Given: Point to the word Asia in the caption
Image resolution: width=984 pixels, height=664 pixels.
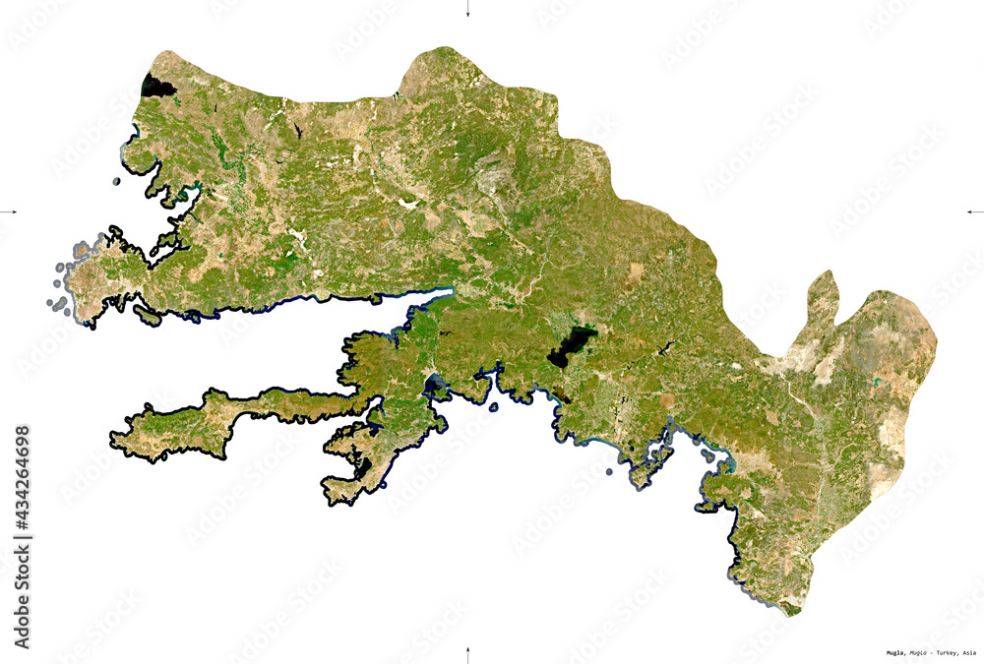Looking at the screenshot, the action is coord(969,653).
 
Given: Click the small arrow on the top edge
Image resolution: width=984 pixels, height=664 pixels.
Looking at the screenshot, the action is coord(467,11).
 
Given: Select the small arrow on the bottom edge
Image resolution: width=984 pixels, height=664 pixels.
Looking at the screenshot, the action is coord(467,653).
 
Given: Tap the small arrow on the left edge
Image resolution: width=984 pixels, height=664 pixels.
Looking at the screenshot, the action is coord(10,211).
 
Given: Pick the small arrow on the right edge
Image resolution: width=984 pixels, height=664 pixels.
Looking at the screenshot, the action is coord(974,211).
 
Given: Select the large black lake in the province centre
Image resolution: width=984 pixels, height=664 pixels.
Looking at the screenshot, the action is coord(571,347).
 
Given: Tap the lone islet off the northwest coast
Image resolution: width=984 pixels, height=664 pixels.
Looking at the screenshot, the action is coord(116,181).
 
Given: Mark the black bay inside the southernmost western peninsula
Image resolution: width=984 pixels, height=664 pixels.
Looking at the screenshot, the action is coord(363,467).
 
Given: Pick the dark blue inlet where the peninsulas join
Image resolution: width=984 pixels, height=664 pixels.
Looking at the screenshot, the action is coord(434,383).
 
